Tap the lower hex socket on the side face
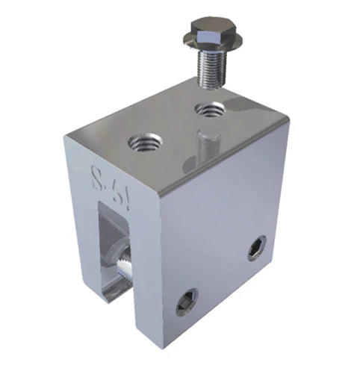(x=187, y=301)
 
